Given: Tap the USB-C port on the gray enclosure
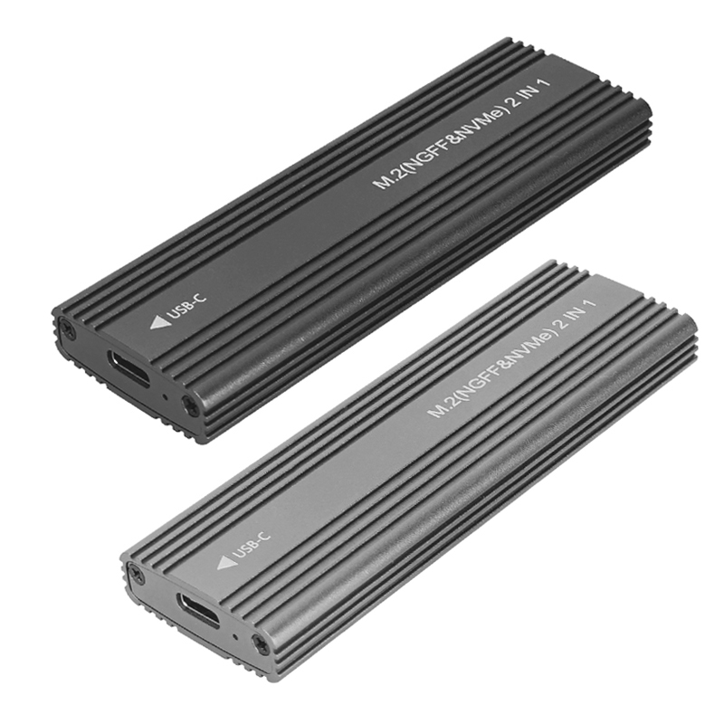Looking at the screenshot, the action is click(x=199, y=609).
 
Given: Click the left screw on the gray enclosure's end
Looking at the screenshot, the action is click(x=138, y=573).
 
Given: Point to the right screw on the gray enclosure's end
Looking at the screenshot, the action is click(x=260, y=644).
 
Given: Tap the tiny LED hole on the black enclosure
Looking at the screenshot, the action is click(x=165, y=395).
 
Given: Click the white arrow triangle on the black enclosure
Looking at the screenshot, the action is click(x=160, y=322).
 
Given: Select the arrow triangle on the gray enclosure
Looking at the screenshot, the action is click(x=227, y=562).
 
